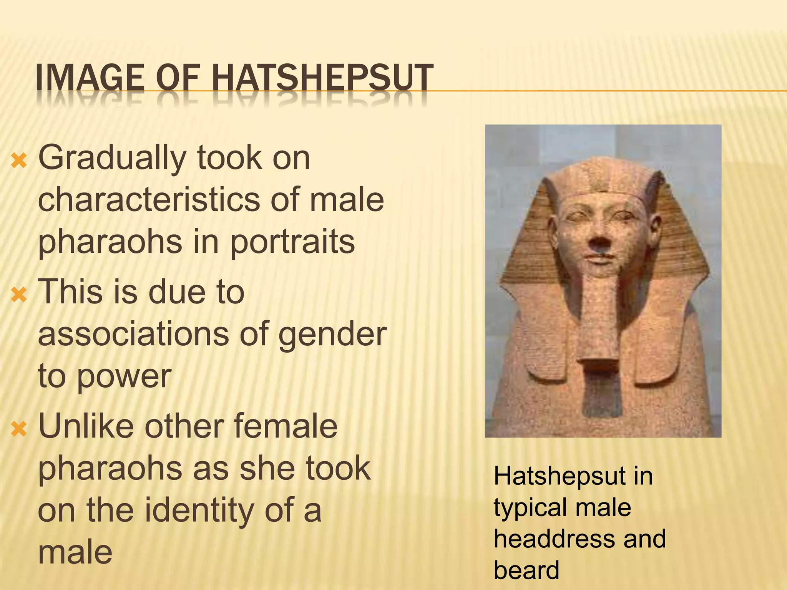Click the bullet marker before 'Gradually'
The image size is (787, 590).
(19, 161)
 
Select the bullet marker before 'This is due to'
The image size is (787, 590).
(19, 295)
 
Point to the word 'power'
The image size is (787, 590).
(124, 377)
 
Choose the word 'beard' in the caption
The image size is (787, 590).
(526, 570)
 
